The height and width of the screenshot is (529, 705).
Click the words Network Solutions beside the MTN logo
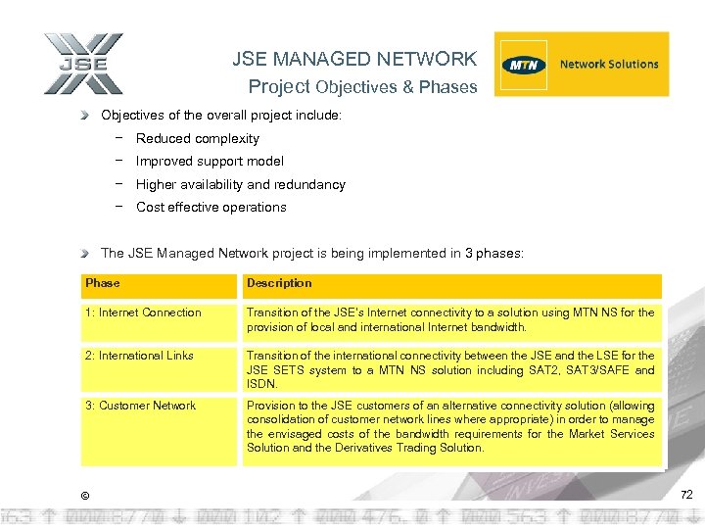pos(609,65)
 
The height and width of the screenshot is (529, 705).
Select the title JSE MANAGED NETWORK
pos(354,59)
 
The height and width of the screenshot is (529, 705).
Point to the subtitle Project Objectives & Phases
pos(362,87)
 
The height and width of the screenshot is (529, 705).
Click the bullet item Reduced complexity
pos(198,139)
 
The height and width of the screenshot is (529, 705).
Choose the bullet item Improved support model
pos(210,162)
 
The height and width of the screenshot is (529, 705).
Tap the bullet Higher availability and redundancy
pos(240,184)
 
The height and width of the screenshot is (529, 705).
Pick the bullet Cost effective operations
pos(211,208)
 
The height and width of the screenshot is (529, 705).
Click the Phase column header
pos(103,283)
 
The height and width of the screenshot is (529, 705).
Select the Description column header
pos(279,283)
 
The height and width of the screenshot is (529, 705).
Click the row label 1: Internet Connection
pos(143,313)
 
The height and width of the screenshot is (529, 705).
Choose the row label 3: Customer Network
pos(141,406)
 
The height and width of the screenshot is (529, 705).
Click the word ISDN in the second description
pos(261,385)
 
